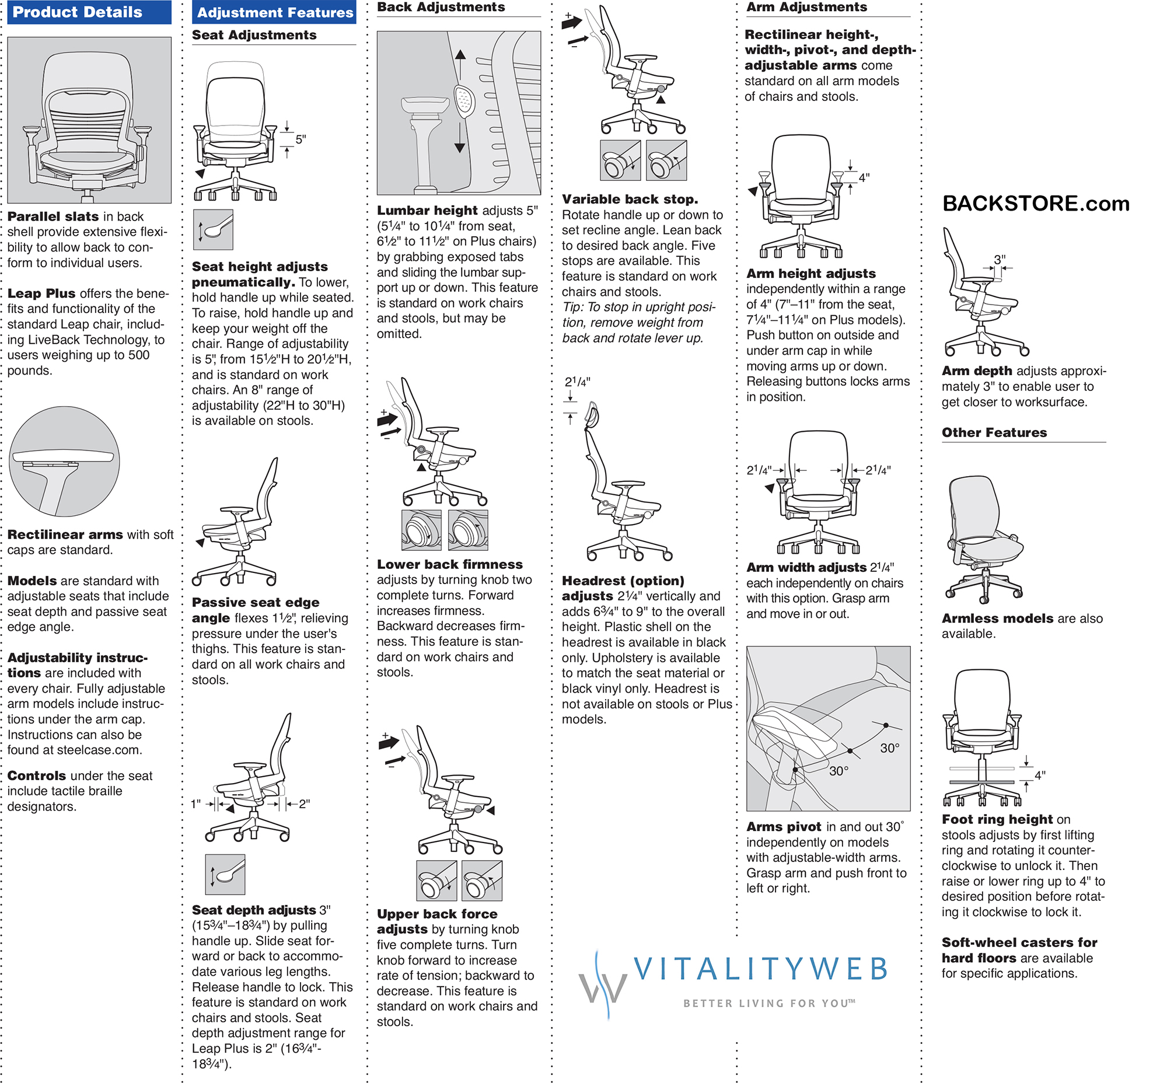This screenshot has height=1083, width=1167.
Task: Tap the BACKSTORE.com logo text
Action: (1035, 204)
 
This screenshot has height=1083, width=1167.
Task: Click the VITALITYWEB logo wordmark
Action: (761, 970)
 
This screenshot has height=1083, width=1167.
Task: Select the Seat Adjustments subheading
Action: (254, 35)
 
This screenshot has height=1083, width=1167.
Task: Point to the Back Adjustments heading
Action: (440, 7)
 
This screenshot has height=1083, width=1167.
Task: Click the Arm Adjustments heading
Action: (806, 7)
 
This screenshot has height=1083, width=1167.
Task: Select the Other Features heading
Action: (994, 432)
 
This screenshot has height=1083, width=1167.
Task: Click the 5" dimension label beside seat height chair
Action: (301, 139)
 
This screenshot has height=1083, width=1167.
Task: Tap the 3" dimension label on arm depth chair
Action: (1000, 259)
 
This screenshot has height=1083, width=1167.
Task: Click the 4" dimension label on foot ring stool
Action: (1040, 775)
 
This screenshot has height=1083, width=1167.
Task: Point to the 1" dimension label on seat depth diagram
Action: (196, 804)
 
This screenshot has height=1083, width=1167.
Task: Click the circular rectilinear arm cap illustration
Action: (64, 461)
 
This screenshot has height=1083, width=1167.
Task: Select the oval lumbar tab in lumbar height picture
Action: (464, 101)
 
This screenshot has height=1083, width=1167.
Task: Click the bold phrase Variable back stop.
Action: (630, 199)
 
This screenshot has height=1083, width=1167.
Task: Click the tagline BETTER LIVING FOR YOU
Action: (768, 1003)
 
